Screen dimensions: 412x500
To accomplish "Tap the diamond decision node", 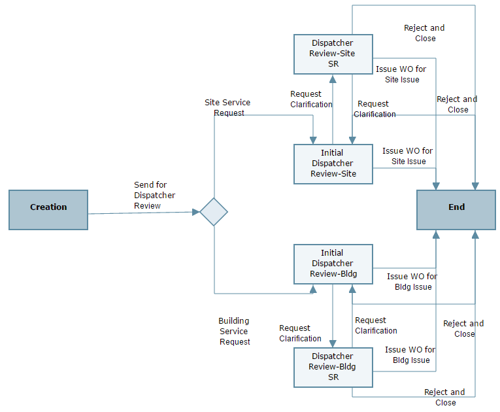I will (x=214, y=212).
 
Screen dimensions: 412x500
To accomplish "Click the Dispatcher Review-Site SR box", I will (x=333, y=54).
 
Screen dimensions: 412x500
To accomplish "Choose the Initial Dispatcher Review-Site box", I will (x=333, y=163).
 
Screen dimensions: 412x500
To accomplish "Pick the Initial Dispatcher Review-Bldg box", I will (x=333, y=264).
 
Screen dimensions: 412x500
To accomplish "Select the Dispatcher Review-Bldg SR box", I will (x=333, y=367).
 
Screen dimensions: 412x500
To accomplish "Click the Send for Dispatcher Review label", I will (x=154, y=196).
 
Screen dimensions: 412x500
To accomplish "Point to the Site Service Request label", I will (x=227, y=108).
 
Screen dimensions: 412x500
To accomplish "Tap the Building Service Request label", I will (x=234, y=332).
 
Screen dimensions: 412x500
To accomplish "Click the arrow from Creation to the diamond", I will (x=144, y=213).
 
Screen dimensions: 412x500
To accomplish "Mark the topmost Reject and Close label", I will (x=424, y=33).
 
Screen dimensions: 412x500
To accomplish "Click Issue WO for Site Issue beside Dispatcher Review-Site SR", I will (x=401, y=75).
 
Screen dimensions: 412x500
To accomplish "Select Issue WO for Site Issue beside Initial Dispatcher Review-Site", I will (x=408, y=156).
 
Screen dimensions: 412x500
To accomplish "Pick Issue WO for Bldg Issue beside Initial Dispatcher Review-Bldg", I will (x=412, y=282).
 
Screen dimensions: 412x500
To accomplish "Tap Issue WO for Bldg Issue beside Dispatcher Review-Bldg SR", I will (x=410, y=355).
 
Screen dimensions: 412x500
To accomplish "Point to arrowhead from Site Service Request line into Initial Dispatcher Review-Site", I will (x=313, y=139).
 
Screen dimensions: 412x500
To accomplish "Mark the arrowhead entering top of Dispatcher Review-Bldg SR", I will (x=333, y=343).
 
